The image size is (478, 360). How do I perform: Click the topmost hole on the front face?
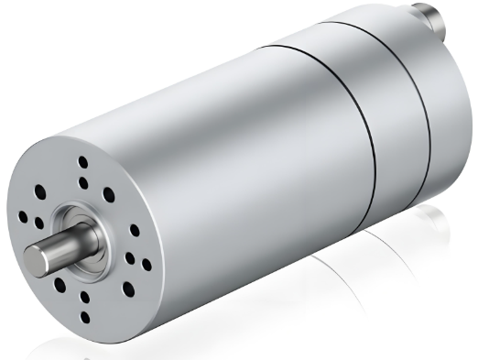pyautogui.click(x=83, y=163)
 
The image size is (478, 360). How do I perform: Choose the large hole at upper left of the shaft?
pyautogui.click(x=40, y=193)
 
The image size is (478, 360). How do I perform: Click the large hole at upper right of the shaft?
pyautogui.click(x=109, y=194)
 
